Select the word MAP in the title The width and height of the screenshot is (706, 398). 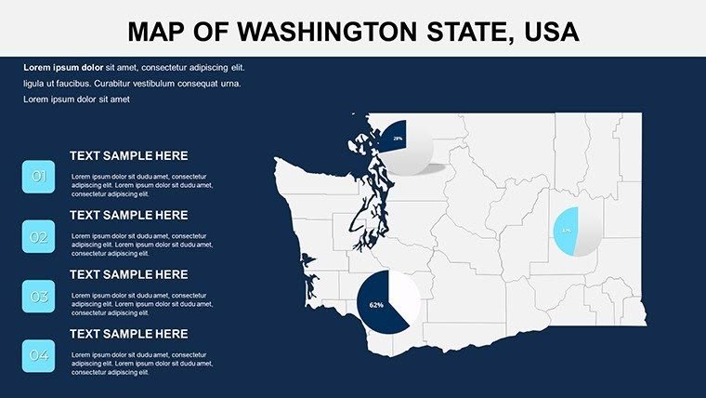click(158, 32)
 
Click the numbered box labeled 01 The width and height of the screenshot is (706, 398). click(39, 177)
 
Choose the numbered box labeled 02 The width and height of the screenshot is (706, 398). click(39, 237)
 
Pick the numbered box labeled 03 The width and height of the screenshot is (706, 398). click(39, 297)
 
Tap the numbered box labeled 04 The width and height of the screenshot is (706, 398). click(39, 356)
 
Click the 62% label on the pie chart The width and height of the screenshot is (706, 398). click(376, 305)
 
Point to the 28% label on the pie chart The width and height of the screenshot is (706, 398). click(397, 139)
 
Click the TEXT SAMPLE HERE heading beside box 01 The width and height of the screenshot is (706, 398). click(128, 156)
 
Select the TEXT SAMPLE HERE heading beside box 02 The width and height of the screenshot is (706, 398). click(128, 215)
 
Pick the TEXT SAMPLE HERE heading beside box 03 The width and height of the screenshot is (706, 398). click(128, 274)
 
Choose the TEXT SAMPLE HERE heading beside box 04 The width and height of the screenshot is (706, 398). click(128, 334)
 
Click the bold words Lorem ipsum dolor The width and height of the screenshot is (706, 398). click(63, 68)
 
